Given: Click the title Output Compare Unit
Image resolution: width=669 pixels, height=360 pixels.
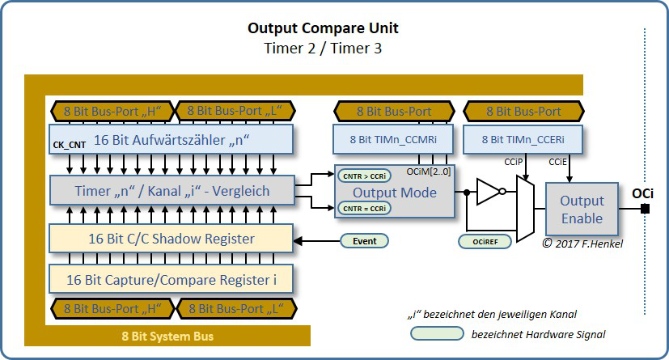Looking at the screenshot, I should coord(323,29).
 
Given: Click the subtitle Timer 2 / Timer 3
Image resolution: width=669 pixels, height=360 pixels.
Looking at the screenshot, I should coord(323,49).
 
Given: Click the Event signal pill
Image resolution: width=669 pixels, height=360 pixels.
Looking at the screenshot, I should coord(364,240).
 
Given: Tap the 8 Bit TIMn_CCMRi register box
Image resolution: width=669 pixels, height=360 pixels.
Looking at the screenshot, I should coord(394,139).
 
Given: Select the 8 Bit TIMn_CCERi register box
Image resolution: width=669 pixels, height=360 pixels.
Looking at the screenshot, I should coord(523,139).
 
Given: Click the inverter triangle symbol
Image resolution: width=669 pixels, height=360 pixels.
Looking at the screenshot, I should coord(488,193).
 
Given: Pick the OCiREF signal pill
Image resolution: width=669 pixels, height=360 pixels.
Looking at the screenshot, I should coord(483,241).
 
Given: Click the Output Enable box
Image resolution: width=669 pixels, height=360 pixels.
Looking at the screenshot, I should coord(582,209).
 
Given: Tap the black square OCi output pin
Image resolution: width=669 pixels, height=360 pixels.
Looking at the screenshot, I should coord(646,209).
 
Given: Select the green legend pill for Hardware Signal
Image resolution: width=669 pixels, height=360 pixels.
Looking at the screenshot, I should coord(435,333).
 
